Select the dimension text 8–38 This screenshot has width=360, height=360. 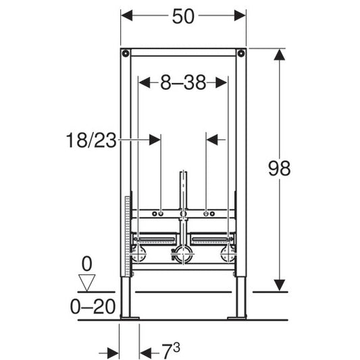click(182, 82)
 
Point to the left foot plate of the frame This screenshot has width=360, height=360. click(129, 315)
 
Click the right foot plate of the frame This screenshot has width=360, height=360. click(238, 315)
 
